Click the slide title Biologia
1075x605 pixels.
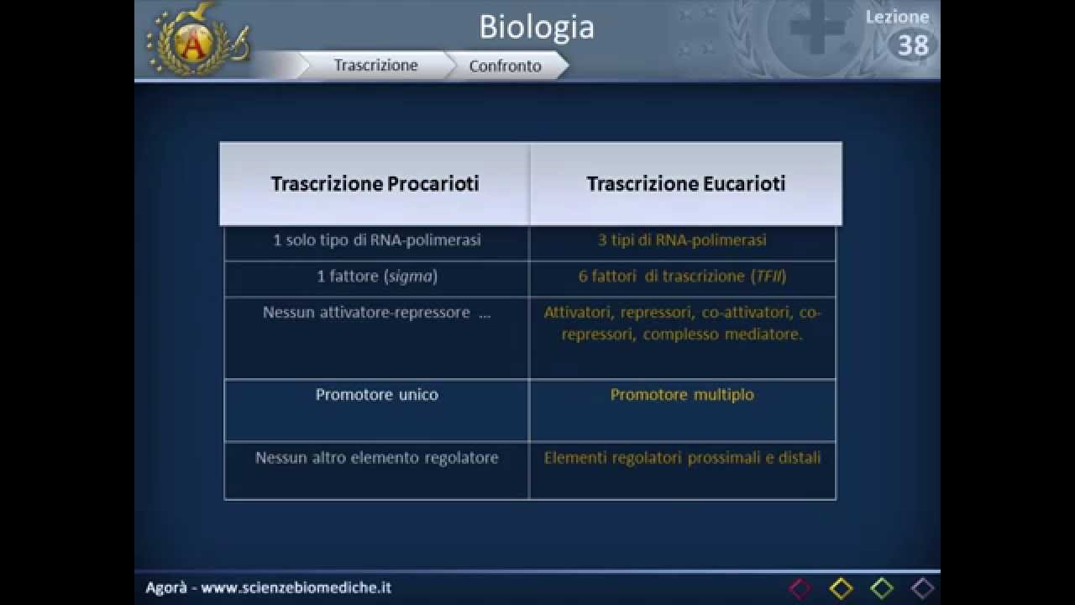pyautogui.click(x=537, y=27)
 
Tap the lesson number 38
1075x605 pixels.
pyautogui.click(x=913, y=45)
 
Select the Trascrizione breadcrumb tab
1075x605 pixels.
pyautogui.click(x=375, y=66)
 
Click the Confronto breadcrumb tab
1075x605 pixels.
pyautogui.click(x=506, y=66)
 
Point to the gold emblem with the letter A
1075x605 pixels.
pyautogui.click(x=197, y=41)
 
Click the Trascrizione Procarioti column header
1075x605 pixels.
pyautogui.click(x=375, y=183)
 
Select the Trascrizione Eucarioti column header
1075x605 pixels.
pyautogui.click(x=686, y=183)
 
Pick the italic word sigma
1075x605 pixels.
pyautogui.click(x=411, y=276)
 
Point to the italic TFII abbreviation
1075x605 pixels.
pyautogui.click(x=768, y=276)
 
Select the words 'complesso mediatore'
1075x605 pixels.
pyautogui.click(x=722, y=334)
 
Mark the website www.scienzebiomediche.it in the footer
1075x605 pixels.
pyautogui.click(x=296, y=587)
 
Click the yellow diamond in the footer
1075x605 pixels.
pyautogui.click(x=842, y=589)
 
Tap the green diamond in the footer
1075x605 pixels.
pyautogui.click(x=882, y=589)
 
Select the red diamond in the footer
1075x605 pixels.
pyautogui.click(x=800, y=589)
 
